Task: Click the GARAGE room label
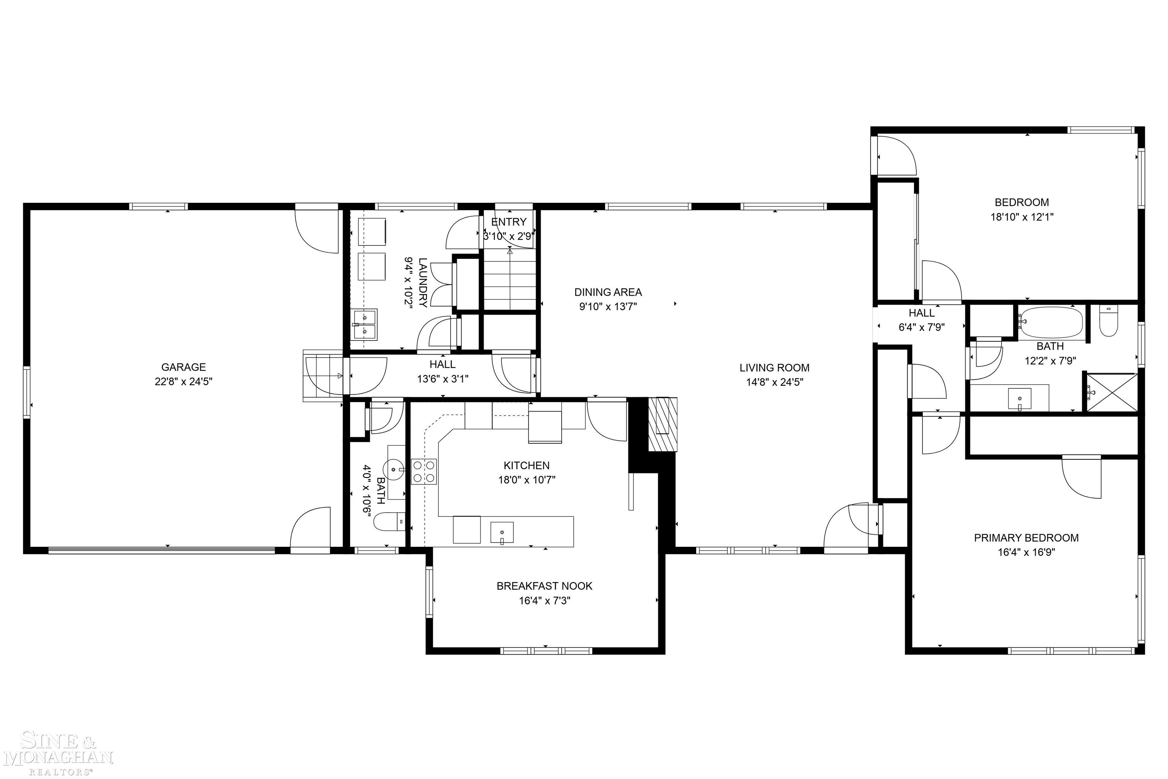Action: (183, 367)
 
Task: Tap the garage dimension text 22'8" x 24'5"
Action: (183, 382)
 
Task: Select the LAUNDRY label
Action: (422, 282)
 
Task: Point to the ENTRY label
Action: (508, 222)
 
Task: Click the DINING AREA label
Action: (608, 292)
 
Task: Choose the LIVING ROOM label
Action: (774, 367)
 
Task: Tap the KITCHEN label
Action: (526, 465)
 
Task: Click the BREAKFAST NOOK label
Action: (544, 586)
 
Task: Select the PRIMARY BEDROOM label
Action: (1026, 538)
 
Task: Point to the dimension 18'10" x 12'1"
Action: (1021, 217)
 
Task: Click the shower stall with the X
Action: (1111, 393)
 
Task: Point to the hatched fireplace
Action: (663, 424)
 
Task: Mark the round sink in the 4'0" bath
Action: (394, 469)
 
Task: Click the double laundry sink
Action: (365, 325)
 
